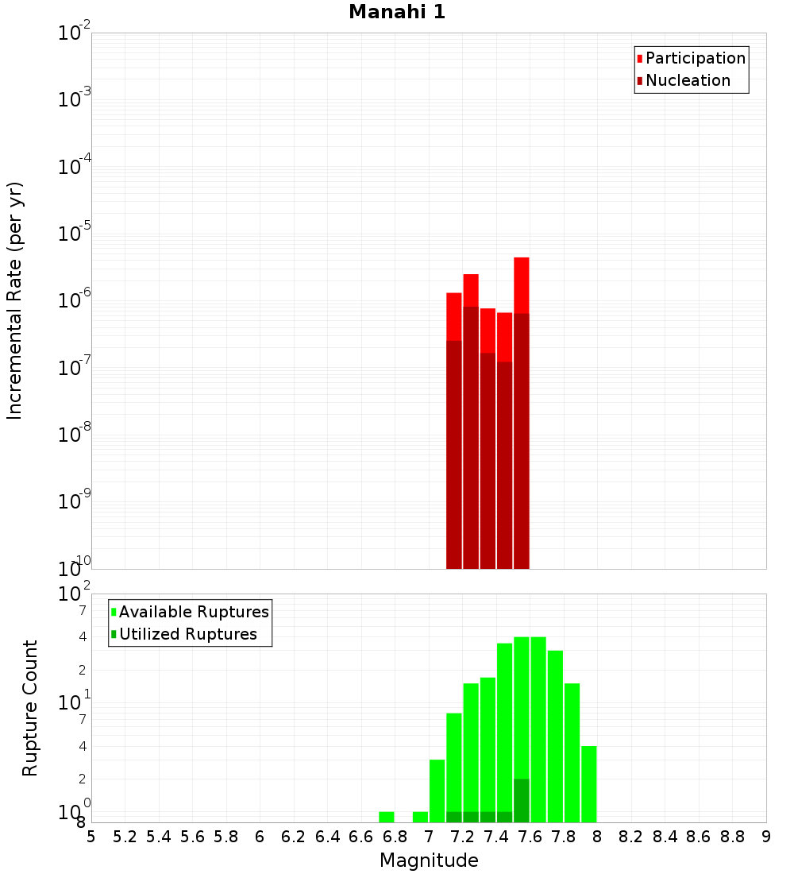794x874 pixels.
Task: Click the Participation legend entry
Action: click(695, 58)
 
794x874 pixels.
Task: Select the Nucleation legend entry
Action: click(688, 80)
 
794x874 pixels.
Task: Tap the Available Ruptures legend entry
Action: click(193, 612)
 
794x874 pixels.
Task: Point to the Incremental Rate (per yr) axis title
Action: click(16, 300)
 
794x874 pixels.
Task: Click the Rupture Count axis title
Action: click(30, 708)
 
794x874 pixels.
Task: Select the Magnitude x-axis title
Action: click(429, 860)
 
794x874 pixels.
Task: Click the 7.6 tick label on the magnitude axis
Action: click(530, 837)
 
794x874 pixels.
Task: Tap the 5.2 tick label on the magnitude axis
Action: click(125, 837)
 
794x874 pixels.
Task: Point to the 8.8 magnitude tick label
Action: click(732, 837)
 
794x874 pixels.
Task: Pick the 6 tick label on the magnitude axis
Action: click(260, 837)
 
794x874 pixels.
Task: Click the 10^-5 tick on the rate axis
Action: click(75, 234)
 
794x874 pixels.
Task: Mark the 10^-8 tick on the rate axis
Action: click(75, 435)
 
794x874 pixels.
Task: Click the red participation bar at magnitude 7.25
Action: click(471, 289)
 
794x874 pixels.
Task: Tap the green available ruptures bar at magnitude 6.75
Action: click(387, 817)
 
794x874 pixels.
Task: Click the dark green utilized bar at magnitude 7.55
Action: click(522, 801)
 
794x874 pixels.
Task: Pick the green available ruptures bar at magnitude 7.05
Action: click(437, 791)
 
